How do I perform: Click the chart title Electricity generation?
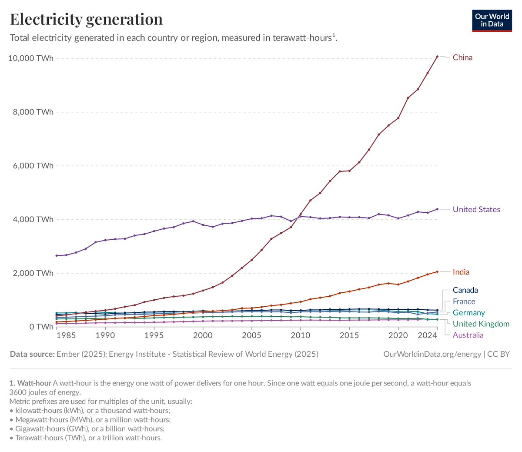pos(86,19)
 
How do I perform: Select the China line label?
pos(462,57)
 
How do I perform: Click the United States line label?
pos(476,209)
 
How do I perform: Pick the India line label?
pos(461,272)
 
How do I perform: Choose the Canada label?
pos(465,290)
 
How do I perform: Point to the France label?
pos(464,301)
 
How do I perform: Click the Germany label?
pos(468,313)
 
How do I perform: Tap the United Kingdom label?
pos(481,324)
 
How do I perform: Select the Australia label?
pos(468,335)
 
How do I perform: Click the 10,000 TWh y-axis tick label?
pos(31,58)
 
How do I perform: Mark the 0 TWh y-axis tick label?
pos(41,327)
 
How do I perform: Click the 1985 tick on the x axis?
pos(66,335)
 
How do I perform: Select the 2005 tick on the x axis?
pos(251,335)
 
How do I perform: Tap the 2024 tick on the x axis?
pos(428,335)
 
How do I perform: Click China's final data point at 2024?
pos(437,57)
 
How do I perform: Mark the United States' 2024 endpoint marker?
pos(437,209)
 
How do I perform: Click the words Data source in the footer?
pos(32,354)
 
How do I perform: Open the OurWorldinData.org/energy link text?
pos(432,354)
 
